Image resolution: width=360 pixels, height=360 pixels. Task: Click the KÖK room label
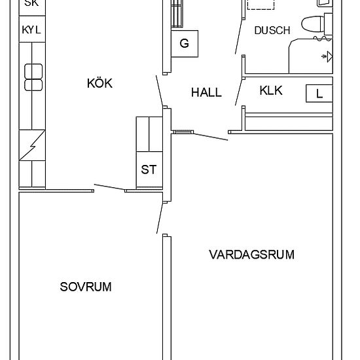click(x=99, y=83)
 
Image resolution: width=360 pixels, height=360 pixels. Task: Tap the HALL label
click(x=206, y=93)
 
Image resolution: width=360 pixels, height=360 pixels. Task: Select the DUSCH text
click(x=272, y=30)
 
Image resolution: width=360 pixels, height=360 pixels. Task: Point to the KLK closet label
click(x=271, y=90)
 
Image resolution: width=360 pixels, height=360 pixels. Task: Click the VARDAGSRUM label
click(x=251, y=254)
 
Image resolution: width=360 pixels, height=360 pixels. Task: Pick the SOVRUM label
click(x=85, y=287)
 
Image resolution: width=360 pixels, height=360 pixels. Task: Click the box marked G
click(x=184, y=44)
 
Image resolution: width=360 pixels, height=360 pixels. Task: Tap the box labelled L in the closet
click(x=319, y=94)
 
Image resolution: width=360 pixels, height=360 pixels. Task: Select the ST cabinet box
click(x=149, y=170)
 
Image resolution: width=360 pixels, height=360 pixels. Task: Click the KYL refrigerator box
click(x=31, y=29)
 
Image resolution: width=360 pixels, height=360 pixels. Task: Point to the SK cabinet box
click(x=31, y=3)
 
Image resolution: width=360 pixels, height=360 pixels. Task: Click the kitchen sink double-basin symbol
click(x=33, y=77)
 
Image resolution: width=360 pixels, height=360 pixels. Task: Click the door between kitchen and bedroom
click(x=109, y=188)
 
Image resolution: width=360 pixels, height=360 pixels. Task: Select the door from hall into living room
click(x=209, y=136)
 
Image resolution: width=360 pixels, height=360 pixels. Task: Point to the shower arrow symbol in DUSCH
click(x=325, y=58)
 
